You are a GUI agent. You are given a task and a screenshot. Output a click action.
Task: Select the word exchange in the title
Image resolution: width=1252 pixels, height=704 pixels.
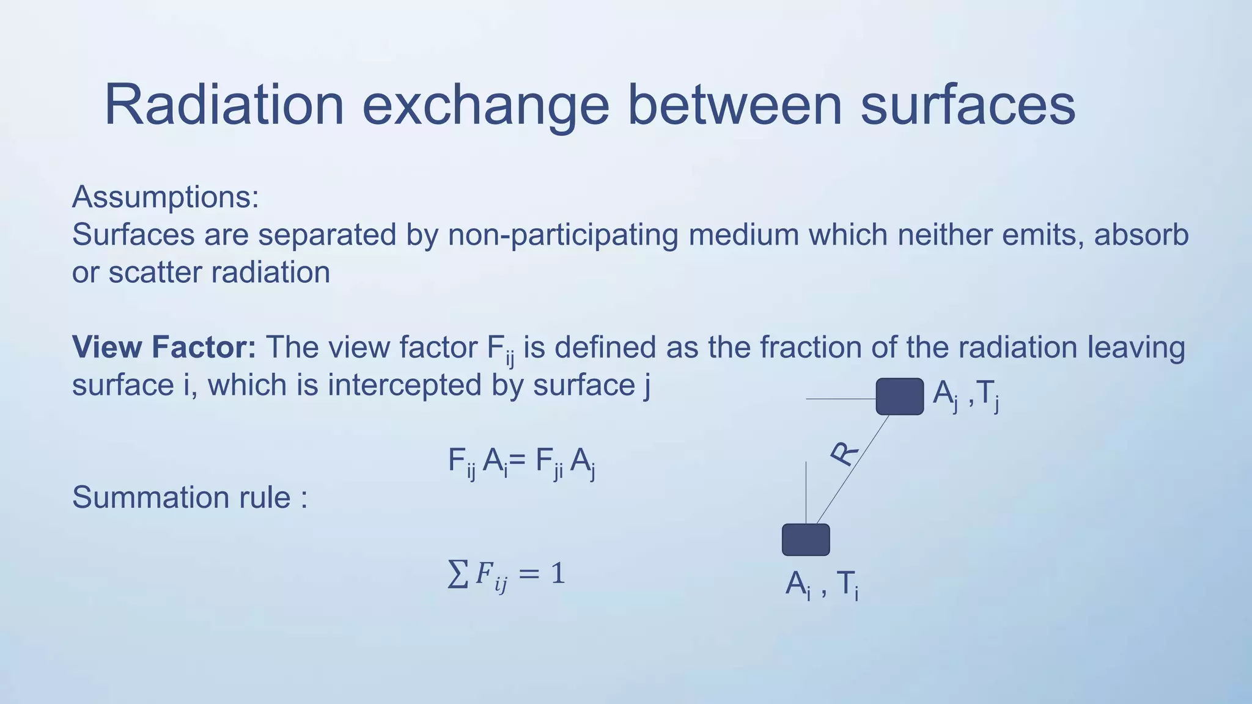[x=486, y=105]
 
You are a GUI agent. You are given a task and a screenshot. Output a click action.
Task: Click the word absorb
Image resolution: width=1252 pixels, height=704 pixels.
[x=1141, y=235]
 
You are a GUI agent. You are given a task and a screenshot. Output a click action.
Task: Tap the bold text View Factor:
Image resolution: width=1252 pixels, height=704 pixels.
[x=164, y=347]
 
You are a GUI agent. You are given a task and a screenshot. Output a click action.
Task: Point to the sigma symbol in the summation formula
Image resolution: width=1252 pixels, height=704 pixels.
[x=457, y=574]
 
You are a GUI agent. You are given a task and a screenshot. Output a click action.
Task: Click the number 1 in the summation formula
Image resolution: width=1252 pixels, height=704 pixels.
[x=557, y=573]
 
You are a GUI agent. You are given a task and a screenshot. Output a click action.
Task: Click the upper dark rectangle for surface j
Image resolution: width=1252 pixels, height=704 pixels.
[x=899, y=397]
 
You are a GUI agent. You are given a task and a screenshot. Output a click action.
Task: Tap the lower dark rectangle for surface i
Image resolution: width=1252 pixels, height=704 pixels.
[x=806, y=540]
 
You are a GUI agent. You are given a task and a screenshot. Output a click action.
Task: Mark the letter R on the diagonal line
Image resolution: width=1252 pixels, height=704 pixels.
[x=844, y=453]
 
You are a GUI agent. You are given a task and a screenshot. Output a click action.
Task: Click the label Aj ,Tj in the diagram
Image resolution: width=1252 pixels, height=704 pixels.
[x=966, y=394]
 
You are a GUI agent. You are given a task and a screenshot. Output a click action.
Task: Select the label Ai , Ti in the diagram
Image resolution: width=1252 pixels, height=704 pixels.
[x=822, y=584]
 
